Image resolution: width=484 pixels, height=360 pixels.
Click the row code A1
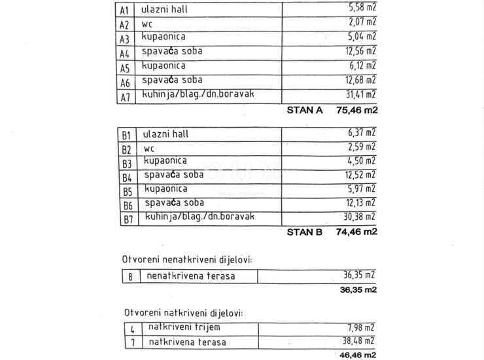click(124, 10)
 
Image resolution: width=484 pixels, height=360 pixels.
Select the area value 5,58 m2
click(362, 9)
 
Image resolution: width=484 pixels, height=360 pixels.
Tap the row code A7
click(124, 98)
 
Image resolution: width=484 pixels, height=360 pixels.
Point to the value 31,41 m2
click(360, 95)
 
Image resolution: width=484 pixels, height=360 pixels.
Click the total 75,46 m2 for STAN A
click(356, 110)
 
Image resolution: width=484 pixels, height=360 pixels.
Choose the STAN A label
click(305, 110)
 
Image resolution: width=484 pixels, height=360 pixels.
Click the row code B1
click(126, 135)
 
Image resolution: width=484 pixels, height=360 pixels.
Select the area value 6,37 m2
click(362, 133)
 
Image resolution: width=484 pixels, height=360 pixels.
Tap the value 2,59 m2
click(362, 147)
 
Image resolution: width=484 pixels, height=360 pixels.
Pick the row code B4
click(126, 177)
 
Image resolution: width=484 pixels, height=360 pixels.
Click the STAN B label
click(305, 231)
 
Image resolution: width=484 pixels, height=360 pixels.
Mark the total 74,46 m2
click(356, 231)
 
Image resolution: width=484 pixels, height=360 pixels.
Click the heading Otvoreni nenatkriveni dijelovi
click(186, 260)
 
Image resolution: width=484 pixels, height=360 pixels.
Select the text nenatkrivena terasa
click(190, 276)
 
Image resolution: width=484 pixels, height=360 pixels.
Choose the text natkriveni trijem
click(184, 327)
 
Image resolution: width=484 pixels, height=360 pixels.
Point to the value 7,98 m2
click(362, 327)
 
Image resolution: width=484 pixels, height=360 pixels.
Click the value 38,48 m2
click(360, 340)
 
